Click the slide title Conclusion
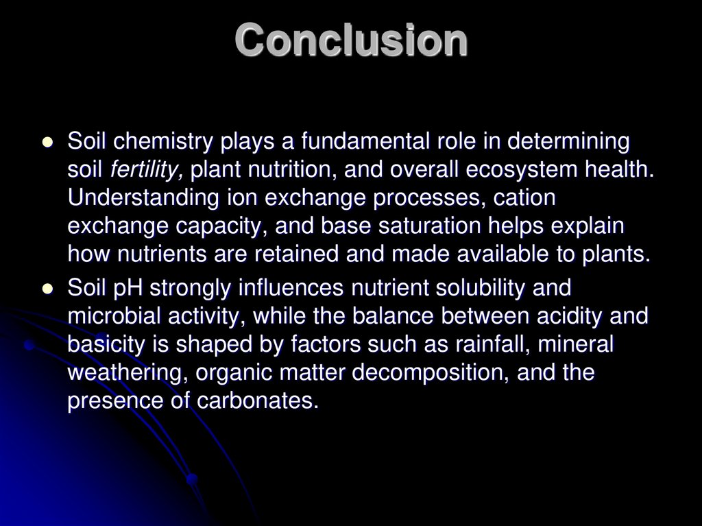click(351, 40)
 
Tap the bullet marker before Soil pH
click(47, 290)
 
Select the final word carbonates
click(261, 401)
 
